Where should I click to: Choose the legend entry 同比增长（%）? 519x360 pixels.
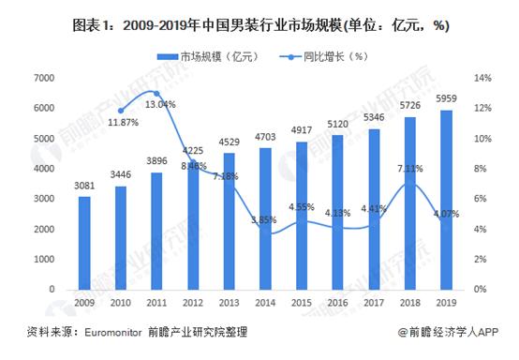tap(323, 57)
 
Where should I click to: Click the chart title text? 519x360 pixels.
tap(259, 24)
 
